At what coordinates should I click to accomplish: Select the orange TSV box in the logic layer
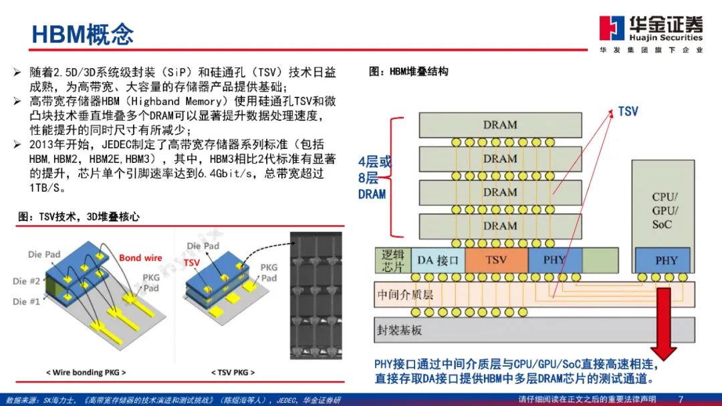(x=495, y=260)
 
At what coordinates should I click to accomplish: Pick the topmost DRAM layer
(x=499, y=125)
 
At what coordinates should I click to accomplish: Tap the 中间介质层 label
(x=405, y=294)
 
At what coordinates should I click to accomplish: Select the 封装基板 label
(x=400, y=329)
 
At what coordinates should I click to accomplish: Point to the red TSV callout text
(x=628, y=112)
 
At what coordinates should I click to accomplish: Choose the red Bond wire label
(x=140, y=258)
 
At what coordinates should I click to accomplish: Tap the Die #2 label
(x=26, y=281)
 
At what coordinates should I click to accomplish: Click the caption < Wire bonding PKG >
(x=85, y=372)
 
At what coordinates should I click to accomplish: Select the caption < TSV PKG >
(x=231, y=372)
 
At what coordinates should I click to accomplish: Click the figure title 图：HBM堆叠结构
(x=408, y=71)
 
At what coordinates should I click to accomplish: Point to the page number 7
(x=681, y=399)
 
